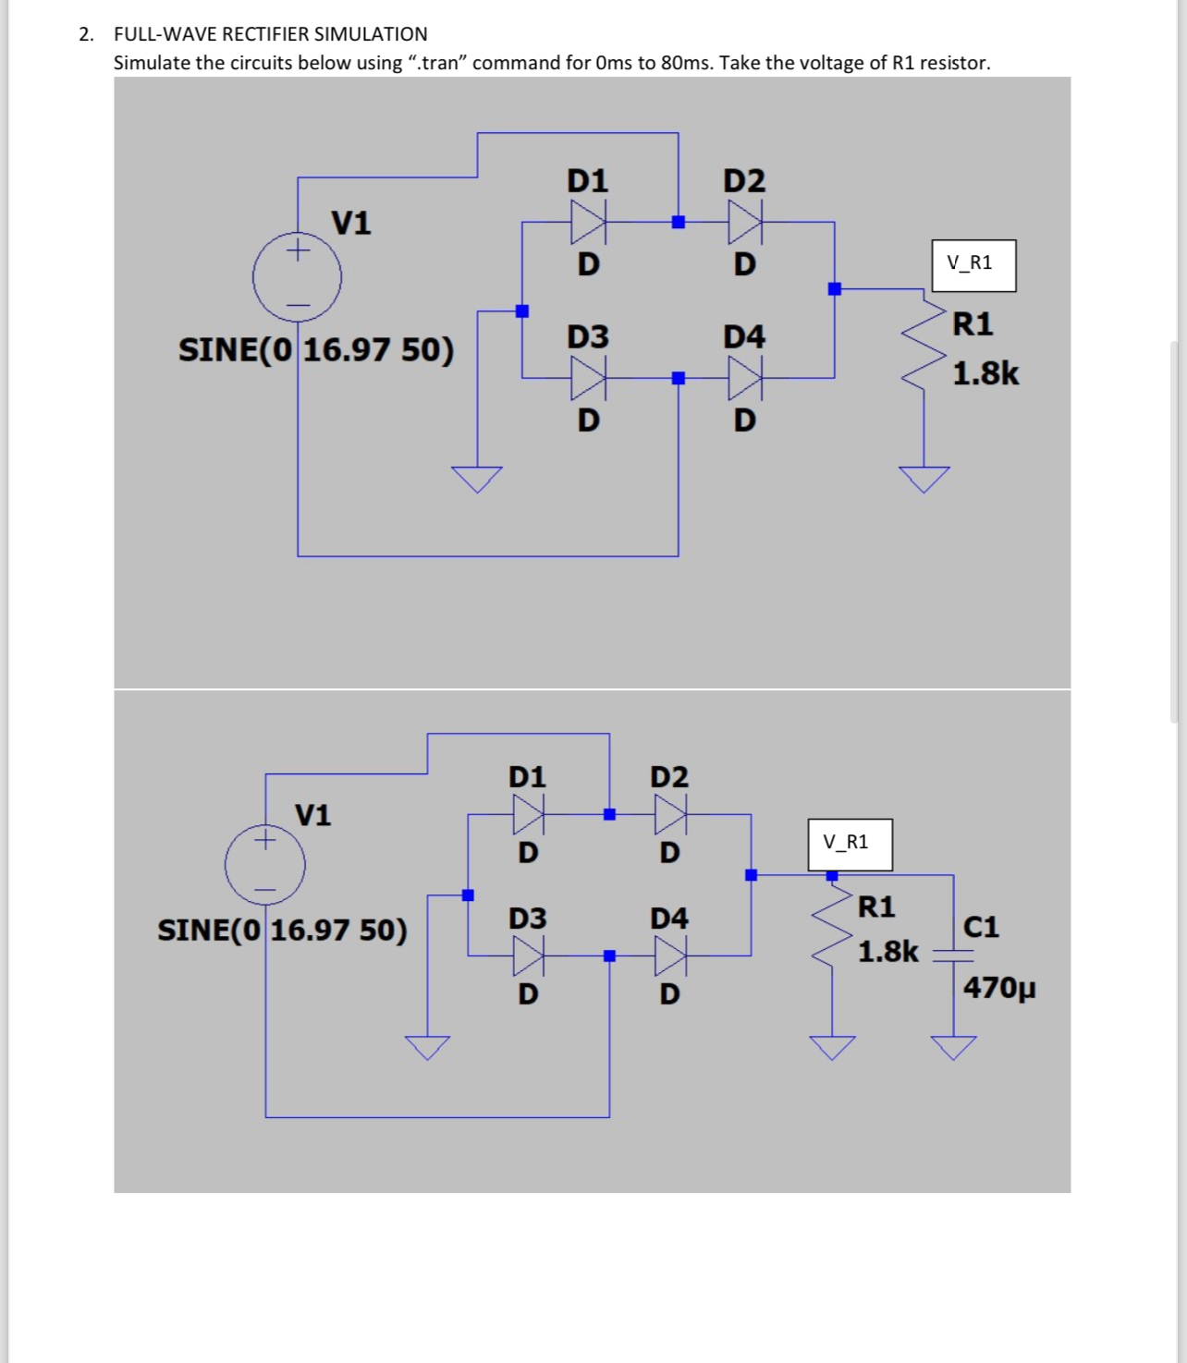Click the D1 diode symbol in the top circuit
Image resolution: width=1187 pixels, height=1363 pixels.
pyautogui.click(x=587, y=222)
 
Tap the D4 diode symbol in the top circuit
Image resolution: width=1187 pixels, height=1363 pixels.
pyautogui.click(x=744, y=377)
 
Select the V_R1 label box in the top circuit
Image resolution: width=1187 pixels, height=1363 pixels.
pyautogui.click(x=973, y=265)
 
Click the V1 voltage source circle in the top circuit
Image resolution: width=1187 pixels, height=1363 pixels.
pyautogui.click(x=297, y=276)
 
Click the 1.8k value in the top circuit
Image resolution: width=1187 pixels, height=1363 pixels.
pyautogui.click(x=985, y=373)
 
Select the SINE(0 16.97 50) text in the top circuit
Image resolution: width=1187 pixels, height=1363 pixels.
pyautogui.click(x=316, y=350)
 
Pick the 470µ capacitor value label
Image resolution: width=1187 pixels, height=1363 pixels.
pyautogui.click(x=999, y=988)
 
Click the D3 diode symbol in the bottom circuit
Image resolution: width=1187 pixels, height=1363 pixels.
pyautogui.click(x=529, y=955)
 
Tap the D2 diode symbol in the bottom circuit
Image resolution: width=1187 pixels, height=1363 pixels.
pyautogui.click(x=670, y=814)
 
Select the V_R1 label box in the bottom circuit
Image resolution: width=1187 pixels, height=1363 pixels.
pyautogui.click(x=850, y=844)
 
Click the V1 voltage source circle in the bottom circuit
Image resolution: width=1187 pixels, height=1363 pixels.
pyautogui.click(x=265, y=865)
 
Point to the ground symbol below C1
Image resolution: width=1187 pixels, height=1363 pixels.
pyautogui.click(x=953, y=1047)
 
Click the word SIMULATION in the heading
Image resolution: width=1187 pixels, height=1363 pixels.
pyautogui.click(x=371, y=34)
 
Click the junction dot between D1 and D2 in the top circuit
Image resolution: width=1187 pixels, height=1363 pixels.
pyautogui.click(x=679, y=222)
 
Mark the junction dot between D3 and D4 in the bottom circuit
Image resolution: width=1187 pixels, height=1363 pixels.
pyautogui.click(x=609, y=955)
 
